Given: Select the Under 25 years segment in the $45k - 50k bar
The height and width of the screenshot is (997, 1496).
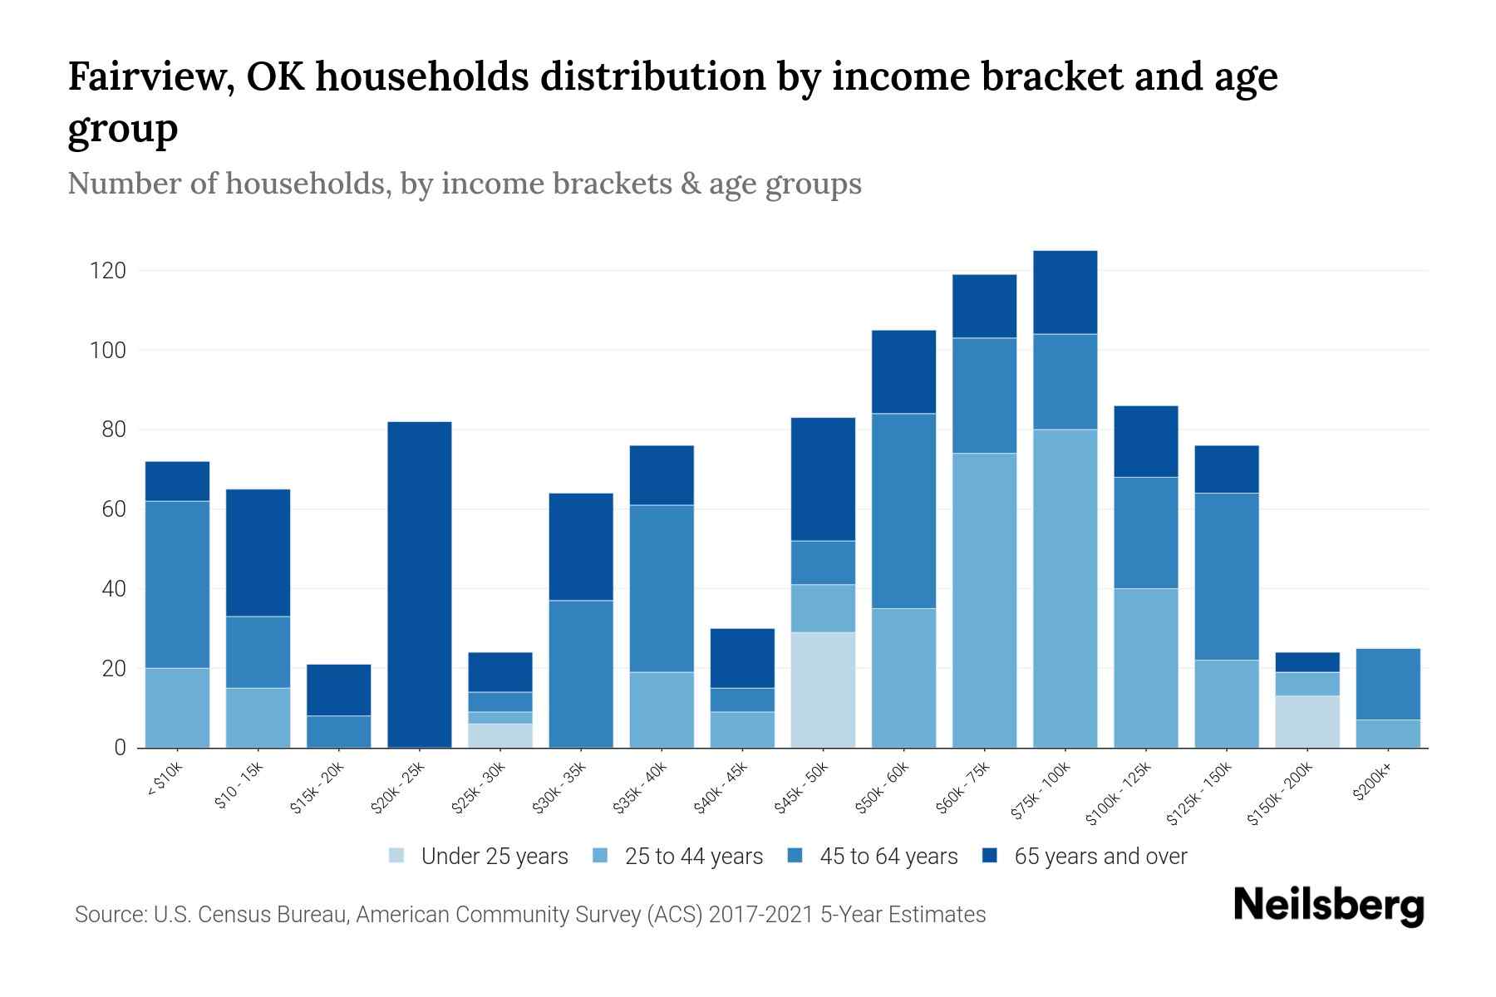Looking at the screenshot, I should pos(823,690).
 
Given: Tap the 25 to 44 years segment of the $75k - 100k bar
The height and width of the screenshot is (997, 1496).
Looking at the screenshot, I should pos(1065,588).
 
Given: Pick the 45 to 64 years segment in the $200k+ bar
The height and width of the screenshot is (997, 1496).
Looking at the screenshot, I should pos(1388,684).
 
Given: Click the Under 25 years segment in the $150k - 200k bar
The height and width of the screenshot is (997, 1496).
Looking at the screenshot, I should pos(1307,721).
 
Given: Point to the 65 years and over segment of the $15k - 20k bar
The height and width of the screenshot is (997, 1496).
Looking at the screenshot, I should pos(339,690).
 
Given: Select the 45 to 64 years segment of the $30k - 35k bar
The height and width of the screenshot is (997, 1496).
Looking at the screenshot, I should pos(581,674).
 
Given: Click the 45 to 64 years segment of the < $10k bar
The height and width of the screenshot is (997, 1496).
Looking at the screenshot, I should pos(177,584).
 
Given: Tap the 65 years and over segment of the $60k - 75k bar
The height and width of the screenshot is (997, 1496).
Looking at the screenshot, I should pos(984,306).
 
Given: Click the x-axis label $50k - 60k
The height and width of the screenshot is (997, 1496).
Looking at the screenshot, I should pos(883,788).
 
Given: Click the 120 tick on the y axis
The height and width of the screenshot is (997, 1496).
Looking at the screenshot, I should pos(109,271).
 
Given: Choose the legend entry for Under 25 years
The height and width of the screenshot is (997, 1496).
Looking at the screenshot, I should pos(494,857).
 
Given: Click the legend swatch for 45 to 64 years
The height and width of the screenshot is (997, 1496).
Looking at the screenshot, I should pos(795,856).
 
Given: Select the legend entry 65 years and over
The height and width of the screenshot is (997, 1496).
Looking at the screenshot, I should pos(1100,857).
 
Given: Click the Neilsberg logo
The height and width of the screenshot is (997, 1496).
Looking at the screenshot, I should pos(1328,905).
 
